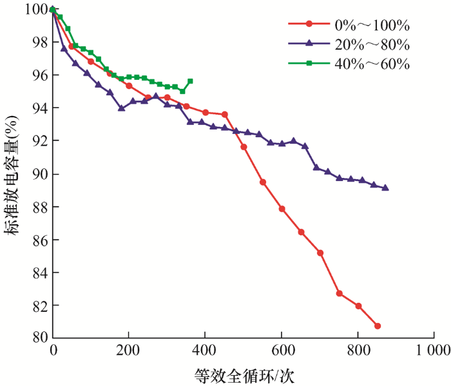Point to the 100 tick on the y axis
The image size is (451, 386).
[30, 9]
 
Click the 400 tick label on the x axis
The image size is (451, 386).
[205, 351]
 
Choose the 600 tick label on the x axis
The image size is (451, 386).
[281, 351]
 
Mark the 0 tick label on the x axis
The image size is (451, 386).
[53, 351]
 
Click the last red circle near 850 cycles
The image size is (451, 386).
[377, 326]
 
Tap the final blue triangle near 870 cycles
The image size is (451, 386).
[385, 188]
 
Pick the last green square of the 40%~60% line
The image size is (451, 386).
[190, 81]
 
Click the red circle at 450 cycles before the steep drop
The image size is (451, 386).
[224, 114]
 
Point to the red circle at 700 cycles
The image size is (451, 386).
[320, 253]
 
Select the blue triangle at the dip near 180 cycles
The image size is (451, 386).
[121, 108]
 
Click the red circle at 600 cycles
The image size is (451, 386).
[282, 209]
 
